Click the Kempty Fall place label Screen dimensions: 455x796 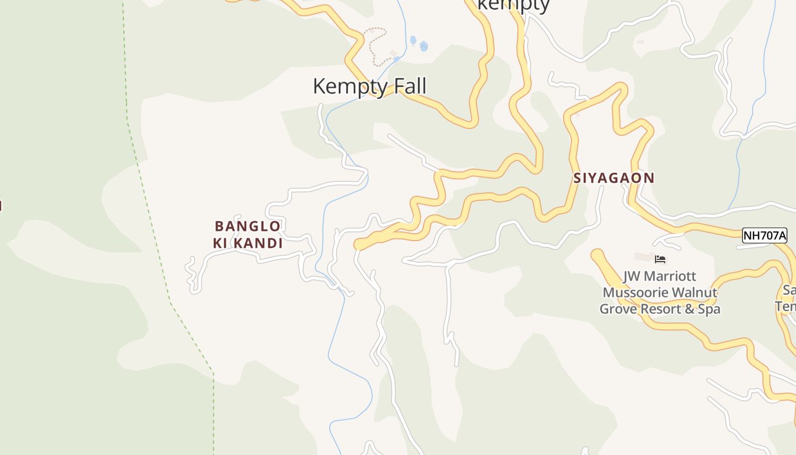click(370, 86)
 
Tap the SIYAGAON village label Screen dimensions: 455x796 click(614, 178)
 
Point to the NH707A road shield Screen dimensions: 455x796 click(764, 235)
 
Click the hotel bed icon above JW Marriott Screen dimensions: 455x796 click(660, 259)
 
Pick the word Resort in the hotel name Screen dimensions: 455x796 click(657, 309)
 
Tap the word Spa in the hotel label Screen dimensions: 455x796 click(709, 309)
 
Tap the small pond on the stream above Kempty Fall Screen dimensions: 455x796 click(424, 47)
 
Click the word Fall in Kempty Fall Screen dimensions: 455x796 click(407, 86)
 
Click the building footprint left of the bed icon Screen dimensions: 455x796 click(643, 258)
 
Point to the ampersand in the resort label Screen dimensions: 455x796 click(693, 309)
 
